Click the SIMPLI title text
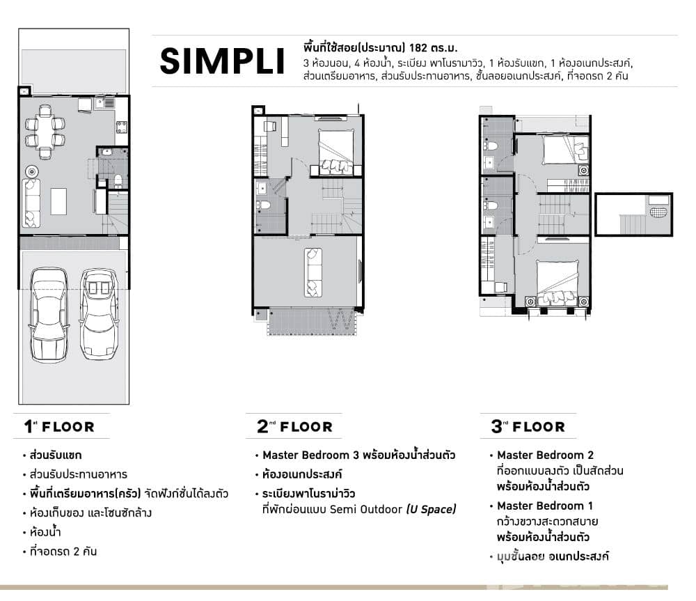[x=222, y=62]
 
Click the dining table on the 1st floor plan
[x=45, y=132]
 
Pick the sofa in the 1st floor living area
[x=31, y=203]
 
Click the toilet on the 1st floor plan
[x=118, y=181]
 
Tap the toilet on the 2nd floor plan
[x=264, y=205]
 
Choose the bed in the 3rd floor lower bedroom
[x=556, y=282]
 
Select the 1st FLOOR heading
[x=60, y=426]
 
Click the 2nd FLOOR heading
[x=295, y=426]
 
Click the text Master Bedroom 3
[x=310, y=455]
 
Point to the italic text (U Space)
[x=432, y=510]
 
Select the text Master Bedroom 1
[x=545, y=506]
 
